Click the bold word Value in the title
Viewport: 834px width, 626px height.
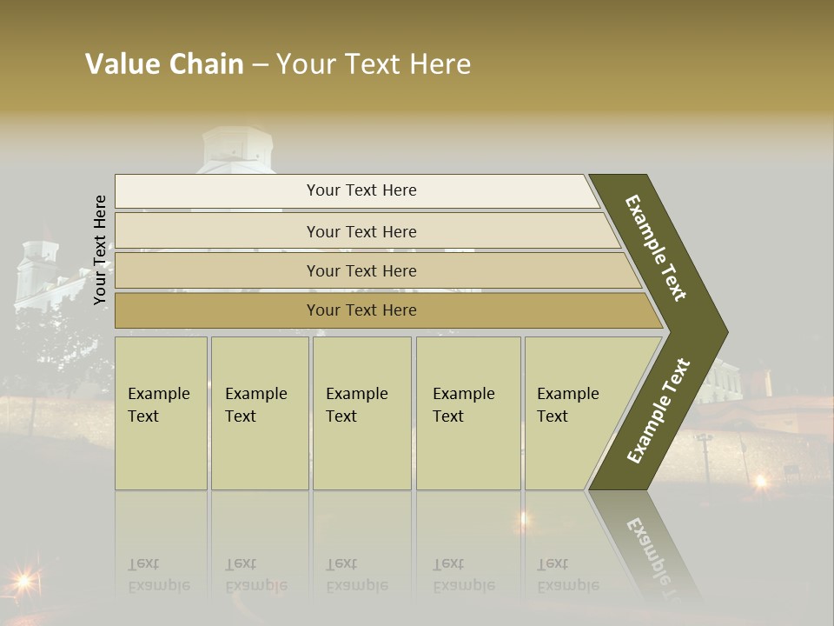click(121, 64)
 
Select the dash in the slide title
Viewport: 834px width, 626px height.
click(260, 64)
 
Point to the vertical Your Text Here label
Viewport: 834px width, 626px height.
click(100, 250)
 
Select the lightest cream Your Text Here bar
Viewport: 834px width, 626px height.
click(361, 190)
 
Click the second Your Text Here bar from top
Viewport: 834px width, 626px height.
click(361, 231)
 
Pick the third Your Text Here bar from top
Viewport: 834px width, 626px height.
click(361, 270)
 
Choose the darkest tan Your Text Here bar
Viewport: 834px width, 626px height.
click(361, 310)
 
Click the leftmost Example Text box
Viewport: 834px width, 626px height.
click(161, 413)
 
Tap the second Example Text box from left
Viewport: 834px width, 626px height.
click(259, 413)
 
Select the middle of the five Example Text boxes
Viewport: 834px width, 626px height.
click(361, 413)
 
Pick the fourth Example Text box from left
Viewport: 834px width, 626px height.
click(467, 413)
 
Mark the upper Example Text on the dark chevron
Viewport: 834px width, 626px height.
click(656, 248)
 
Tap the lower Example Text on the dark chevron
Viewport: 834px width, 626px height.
click(659, 410)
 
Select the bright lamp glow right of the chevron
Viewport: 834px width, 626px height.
click(761, 480)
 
